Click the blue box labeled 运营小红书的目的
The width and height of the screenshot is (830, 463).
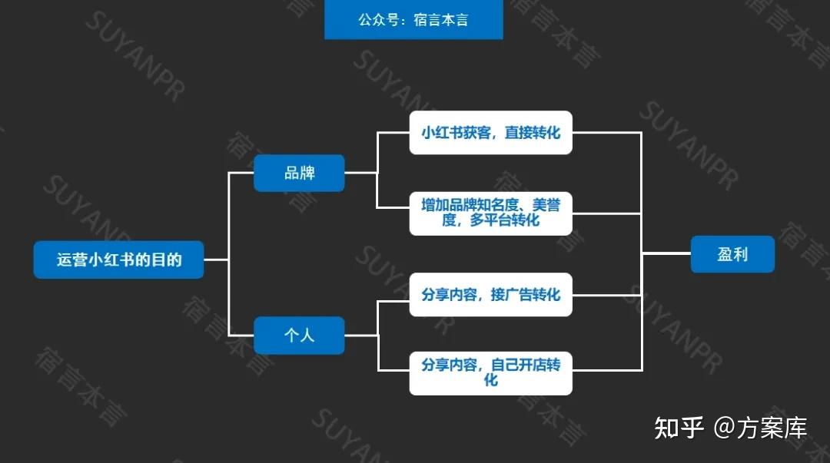click(x=118, y=260)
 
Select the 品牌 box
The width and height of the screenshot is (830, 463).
click(x=299, y=173)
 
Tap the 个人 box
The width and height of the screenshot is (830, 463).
click(x=299, y=335)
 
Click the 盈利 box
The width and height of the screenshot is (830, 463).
click(x=732, y=254)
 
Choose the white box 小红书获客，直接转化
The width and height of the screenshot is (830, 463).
click(x=490, y=132)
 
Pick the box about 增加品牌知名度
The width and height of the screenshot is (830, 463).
click(x=490, y=213)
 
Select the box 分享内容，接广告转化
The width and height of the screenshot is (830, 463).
click(x=490, y=294)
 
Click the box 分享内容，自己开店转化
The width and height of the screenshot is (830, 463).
click(x=490, y=372)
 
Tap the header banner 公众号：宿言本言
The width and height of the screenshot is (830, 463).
click(x=413, y=19)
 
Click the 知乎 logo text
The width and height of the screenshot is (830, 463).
click(x=679, y=428)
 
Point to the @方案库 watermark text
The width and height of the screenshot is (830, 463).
click(x=761, y=428)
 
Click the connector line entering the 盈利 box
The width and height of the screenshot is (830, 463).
click(x=666, y=254)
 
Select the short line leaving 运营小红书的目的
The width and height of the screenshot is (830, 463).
click(x=216, y=260)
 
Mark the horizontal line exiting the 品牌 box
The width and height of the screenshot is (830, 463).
click(x=360, y=173)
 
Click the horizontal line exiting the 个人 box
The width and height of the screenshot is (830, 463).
click(x=361, y=335)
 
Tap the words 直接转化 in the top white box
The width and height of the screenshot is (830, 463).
click(x=532, y=132)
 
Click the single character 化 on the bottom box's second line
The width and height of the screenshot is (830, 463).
click(x=490, y=380)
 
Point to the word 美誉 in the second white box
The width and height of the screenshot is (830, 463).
click(x=546, y=205)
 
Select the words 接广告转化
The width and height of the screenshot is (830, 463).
click(x=525, y=294)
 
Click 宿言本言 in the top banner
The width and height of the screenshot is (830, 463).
click(x=441, y=20)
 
